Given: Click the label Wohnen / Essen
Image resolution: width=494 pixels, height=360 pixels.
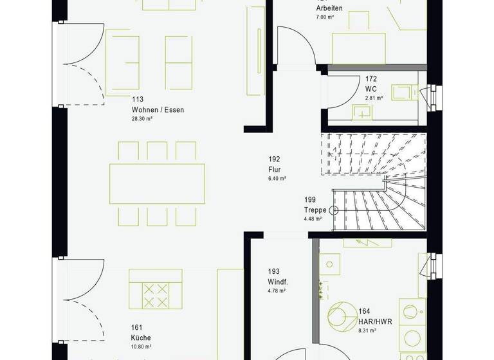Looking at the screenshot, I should tap(158, 110).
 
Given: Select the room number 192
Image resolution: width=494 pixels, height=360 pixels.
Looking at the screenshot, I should tap(275, 159).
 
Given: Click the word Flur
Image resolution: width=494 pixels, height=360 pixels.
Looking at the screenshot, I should tap(275, 170).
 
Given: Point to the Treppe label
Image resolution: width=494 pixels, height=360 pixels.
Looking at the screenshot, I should tap(315, 210).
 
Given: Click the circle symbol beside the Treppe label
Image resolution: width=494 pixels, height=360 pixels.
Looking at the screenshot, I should tap(334, 210).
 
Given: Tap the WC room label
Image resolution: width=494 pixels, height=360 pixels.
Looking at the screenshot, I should tap(370, 89).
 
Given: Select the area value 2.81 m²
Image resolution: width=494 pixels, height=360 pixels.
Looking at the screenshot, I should tap(374, 98).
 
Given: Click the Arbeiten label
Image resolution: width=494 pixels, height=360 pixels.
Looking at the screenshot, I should tap(329, 8).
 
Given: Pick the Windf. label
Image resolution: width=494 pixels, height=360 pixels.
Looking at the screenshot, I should tap(278, 282).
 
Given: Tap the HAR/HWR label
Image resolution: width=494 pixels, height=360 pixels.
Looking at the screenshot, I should tap(372, 321).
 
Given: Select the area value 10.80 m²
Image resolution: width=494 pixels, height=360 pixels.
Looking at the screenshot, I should tap(141, 346).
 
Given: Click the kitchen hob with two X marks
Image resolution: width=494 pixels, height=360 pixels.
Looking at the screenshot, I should tap(154, 296).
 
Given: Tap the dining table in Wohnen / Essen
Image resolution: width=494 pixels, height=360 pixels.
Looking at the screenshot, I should tap(158, 183).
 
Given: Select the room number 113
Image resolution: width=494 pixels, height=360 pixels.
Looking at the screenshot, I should tap(137, 100).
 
